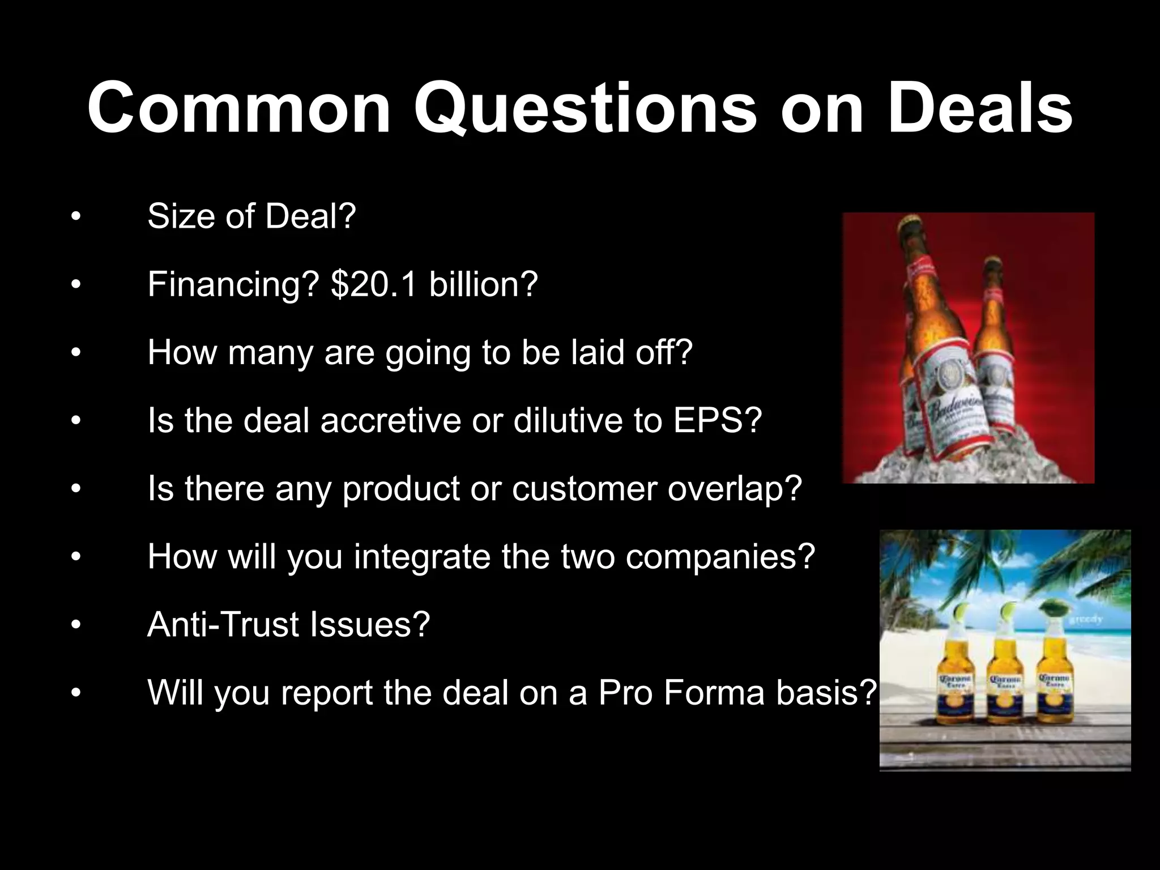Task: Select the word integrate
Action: click(x=422, y=557)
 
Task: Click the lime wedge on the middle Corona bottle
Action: click(x=1009, y=611)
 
